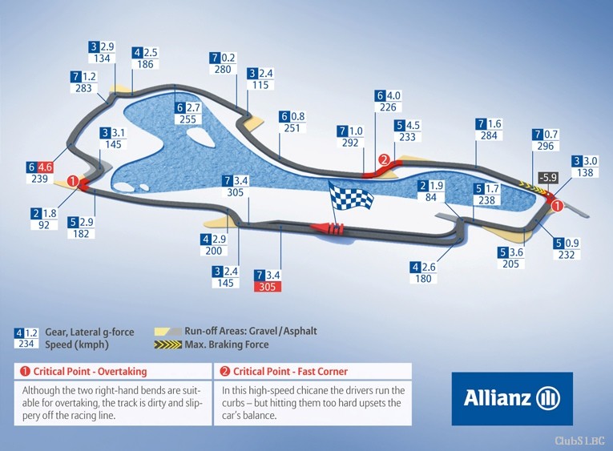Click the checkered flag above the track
pyautogui.click(x=351, y=196)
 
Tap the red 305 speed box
pyautogui.click(x=268, y=287)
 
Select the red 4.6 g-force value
pyautogui.click(x=45, y=167)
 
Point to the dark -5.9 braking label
pyautogui.click(x=548, y=177)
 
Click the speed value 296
pyautogui.click(x=546, y=146)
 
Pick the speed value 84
pyautogui.click(x=431, y=197)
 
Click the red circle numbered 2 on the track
pyautogui.click(x=385, y=159)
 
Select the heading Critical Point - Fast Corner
pyautogui.click(x=290, y=371)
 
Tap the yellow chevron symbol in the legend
pyautogui.click(x=167, y=344)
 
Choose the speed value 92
pyautogui.click(x=44, y=225)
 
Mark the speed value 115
pyautogui.click(x=260, y=85)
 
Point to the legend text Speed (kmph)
pyautogui.click(x=77, y=344)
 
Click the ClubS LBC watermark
pyautogui.click(x=580, y=441)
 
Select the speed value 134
pyautogui.click(x=102, y=58)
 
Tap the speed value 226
pyautogui.click(x=388, y=107)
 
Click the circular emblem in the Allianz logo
pyautogui.click(x=548, y=398)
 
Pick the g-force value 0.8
pyautogui.click(x=298, y=116)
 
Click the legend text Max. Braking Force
pyautogui.click(x=227, y=344)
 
